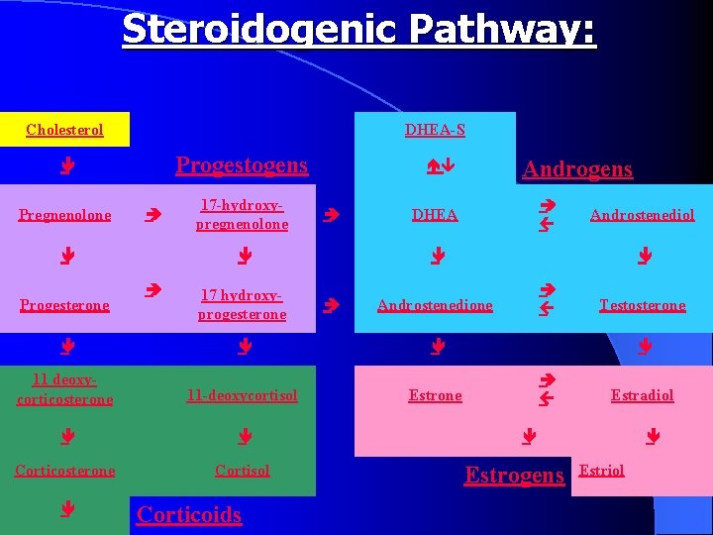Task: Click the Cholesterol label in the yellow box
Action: click(x=64, y=130)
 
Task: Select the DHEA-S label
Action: click(x=435, y=130)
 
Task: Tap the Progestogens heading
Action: click(x=242, y=165)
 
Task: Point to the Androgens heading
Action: click(x=577, y=169)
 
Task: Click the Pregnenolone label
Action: click(x=65, y=215)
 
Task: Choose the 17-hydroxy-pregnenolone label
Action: click(x=242, y=215)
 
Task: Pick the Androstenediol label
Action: click(x=642, y=215)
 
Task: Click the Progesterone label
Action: click(x=65, y=305)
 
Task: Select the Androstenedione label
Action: click(x=435, y=305)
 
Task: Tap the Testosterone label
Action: click(x=642, y=305)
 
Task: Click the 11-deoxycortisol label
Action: click(x=242, y=395)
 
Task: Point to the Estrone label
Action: click(x=435, y=395)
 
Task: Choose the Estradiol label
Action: click(x=642, y=395)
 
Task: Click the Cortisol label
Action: click(x=242, y=471)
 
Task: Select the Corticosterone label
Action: click(x=65, y=471)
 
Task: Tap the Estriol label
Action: click(x=601, y=471)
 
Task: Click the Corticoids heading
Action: click(x=189, y=514)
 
